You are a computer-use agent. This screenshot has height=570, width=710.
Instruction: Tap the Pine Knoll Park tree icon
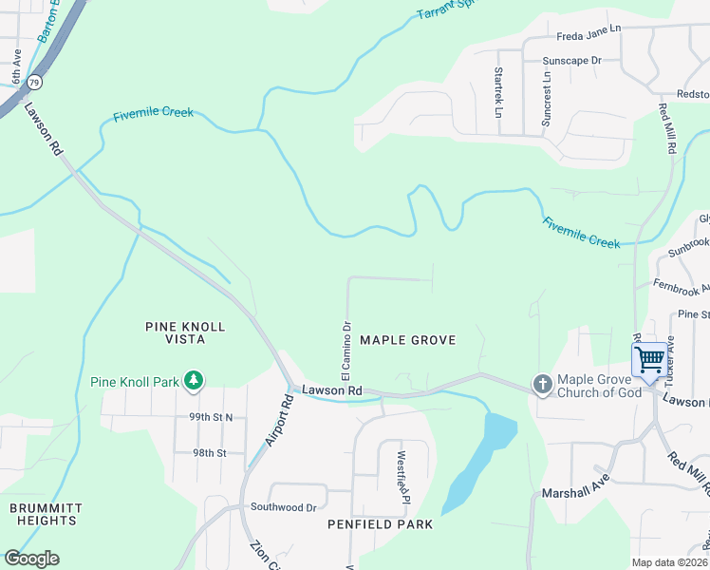194,382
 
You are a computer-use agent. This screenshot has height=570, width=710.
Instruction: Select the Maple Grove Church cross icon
542,385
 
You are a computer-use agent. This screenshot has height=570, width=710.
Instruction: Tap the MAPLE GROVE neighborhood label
408,340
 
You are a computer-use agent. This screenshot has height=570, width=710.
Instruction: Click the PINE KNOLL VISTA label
185,332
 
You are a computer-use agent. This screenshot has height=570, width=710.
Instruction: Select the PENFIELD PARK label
380,524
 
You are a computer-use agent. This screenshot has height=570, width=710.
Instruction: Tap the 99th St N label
211,417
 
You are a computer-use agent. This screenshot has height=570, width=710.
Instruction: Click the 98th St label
210,453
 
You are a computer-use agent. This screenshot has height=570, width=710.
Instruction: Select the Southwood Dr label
283,507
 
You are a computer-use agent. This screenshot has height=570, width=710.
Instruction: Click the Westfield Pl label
402,478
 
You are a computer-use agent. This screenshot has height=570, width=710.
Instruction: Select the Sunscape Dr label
571,60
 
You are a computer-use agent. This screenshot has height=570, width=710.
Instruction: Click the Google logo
31,559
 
